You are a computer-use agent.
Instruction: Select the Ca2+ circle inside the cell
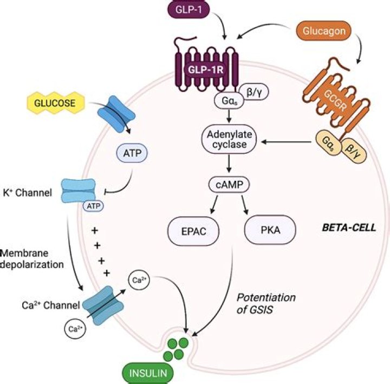pos(137,281)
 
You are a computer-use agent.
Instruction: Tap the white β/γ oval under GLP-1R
pos(251,92)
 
